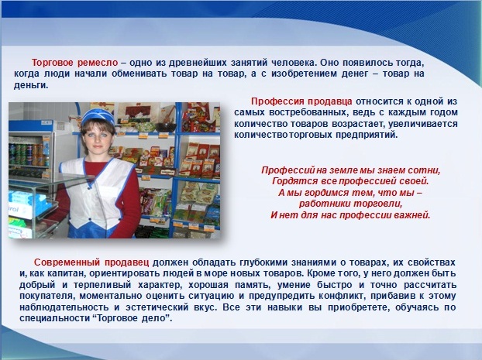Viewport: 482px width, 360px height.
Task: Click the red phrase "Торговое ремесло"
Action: (x=74, y=63)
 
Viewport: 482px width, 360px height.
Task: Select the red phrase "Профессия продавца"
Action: (x=301, y=101)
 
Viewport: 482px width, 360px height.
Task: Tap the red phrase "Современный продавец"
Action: (x=91, y=262)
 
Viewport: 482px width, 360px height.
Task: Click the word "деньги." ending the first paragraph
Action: (x=31, y=86)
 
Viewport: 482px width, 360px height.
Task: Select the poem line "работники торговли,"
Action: (x=351, y=204)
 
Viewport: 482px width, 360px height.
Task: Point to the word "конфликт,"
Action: (x=343, y=296)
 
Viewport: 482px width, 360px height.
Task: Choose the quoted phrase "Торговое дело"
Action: (x=132, y=318)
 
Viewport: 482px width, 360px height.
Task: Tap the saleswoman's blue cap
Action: (x=98, y=118)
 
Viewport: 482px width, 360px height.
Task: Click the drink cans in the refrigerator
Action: (x=29, y=155)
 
